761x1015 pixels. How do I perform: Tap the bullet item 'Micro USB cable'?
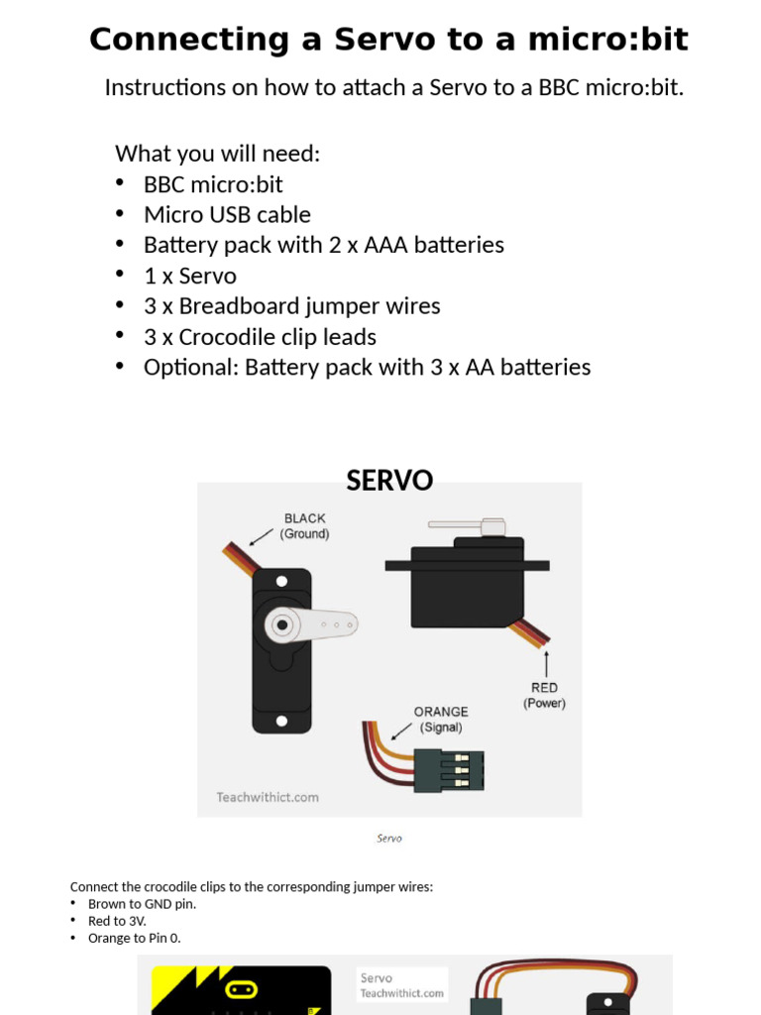coord(227,215)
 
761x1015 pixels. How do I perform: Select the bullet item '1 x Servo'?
coord(190,276)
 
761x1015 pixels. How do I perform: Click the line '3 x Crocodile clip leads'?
coord(260,337)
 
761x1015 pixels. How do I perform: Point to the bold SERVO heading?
coord(389,481)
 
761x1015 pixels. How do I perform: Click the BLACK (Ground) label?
coord(304,525)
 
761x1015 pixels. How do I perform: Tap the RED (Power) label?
coord(544,695)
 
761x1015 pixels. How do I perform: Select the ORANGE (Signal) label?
coord(441,719)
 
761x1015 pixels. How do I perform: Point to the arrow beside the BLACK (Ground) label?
coord(261,536)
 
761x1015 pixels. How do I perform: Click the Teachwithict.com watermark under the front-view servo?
coord(268,796)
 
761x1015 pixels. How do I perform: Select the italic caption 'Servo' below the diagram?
coord(389,838)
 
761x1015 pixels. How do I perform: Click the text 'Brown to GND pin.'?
coord(142,904)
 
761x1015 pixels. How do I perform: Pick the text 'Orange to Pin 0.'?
coord(134,938)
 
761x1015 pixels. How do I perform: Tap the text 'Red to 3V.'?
coord(117,921)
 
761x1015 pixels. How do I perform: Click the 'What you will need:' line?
coord(218,154)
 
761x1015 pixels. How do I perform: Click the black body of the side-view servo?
coord(466,590)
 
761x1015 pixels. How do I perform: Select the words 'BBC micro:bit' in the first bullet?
coord(213,184)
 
